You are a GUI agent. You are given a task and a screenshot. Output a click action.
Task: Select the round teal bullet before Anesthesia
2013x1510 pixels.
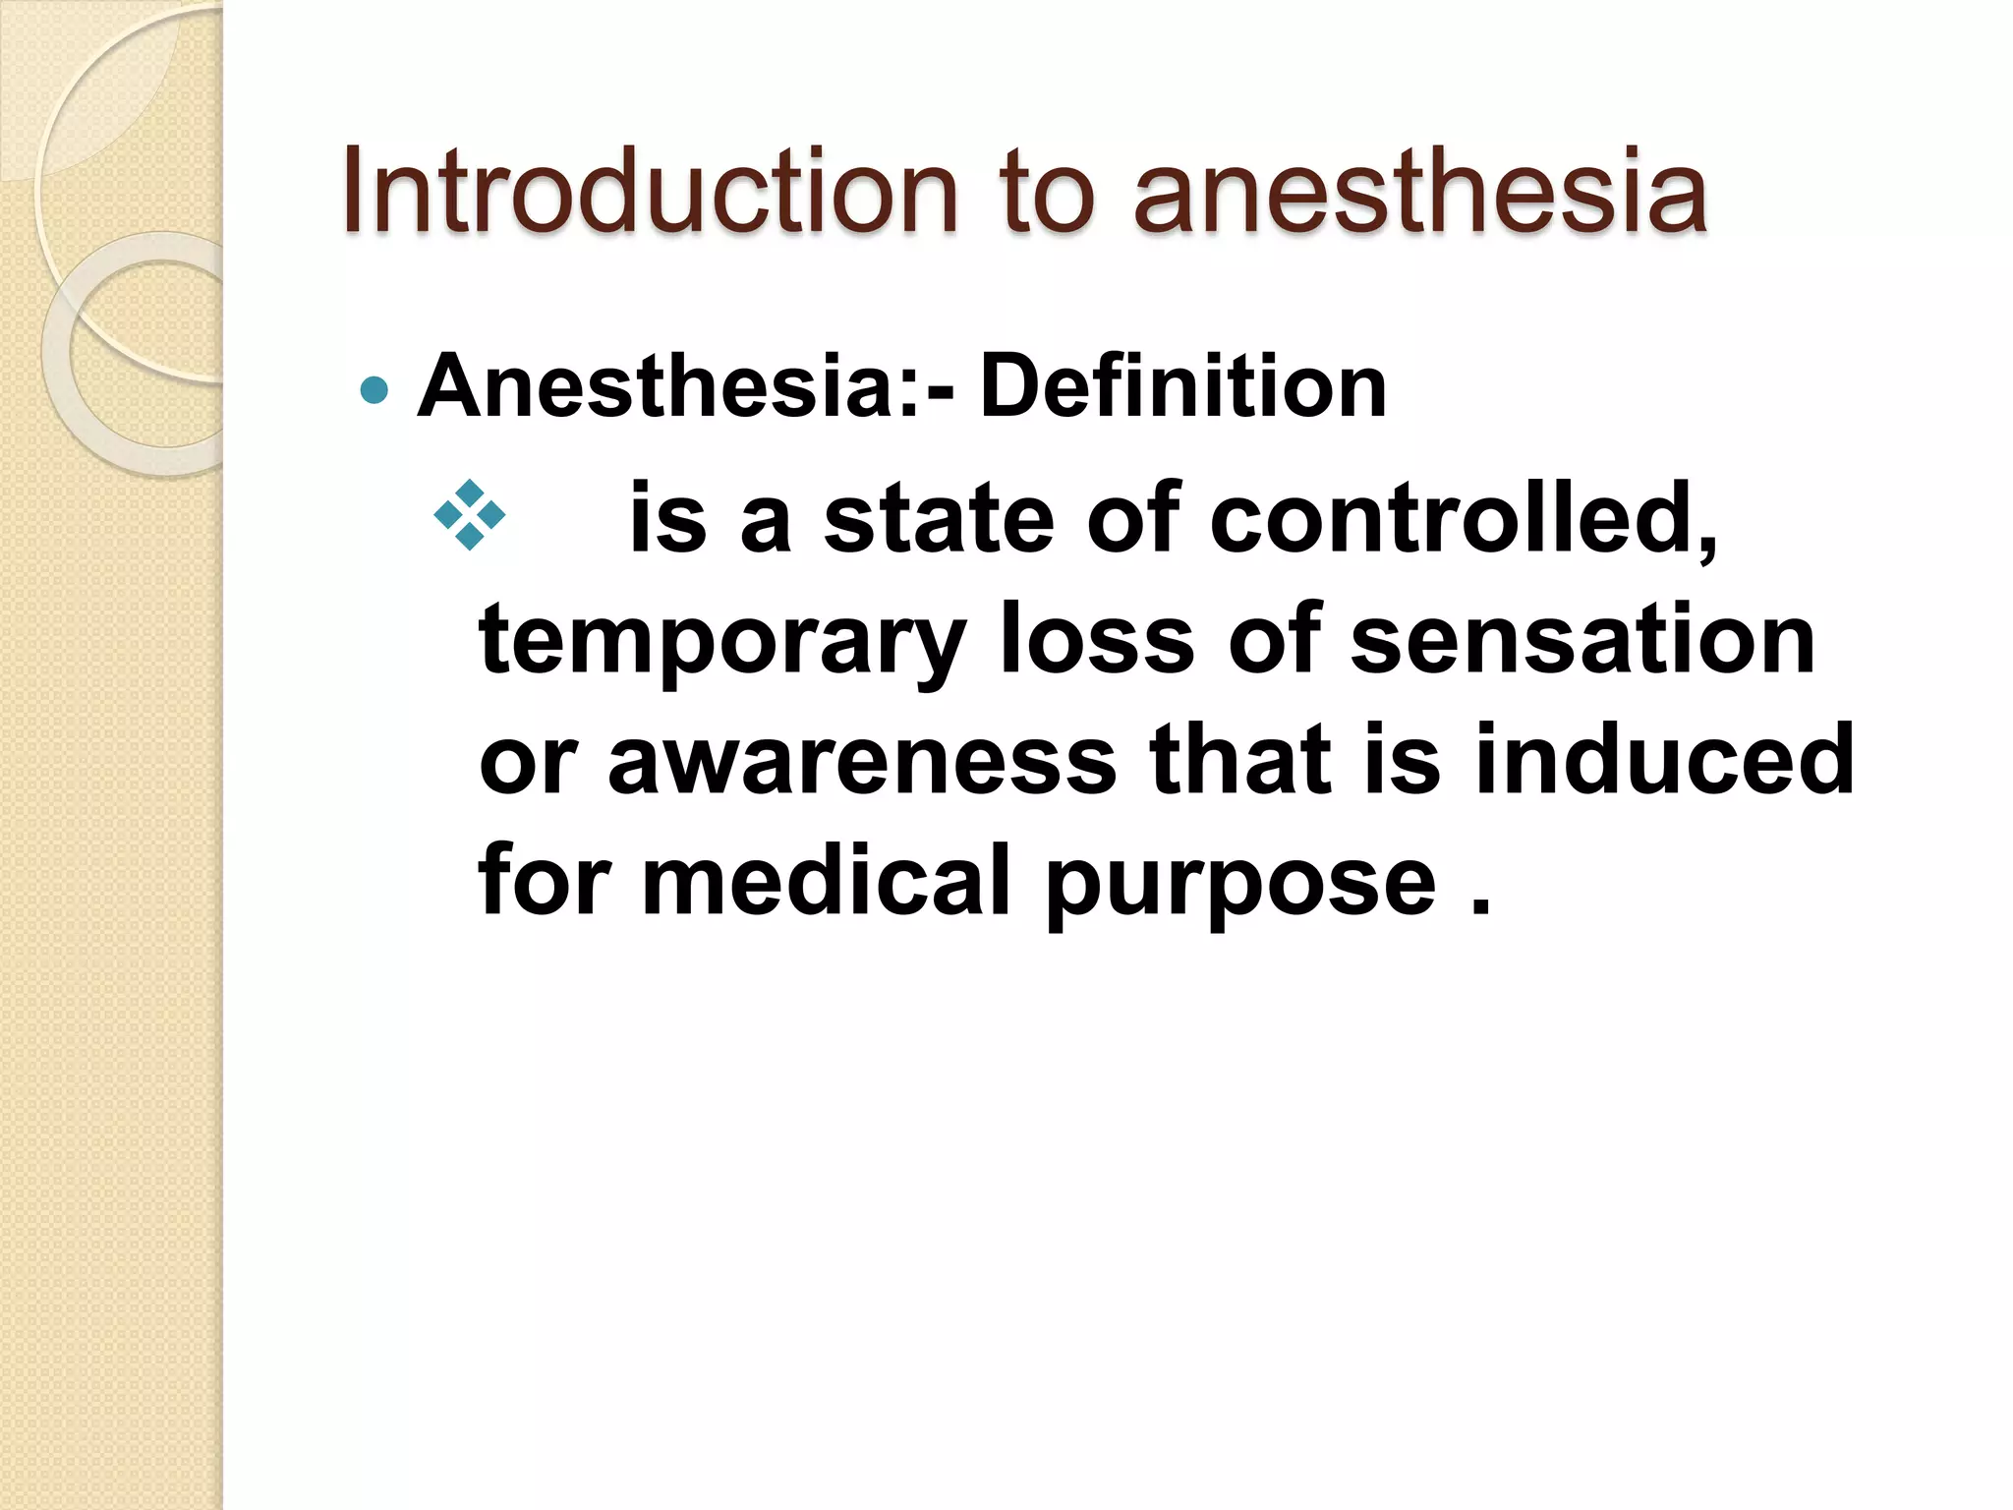374,390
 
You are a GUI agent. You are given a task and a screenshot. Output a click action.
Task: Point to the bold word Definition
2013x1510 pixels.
1182,386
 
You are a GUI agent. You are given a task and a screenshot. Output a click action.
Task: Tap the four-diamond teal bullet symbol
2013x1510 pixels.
470,515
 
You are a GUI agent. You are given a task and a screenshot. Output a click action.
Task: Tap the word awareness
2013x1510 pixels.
862,759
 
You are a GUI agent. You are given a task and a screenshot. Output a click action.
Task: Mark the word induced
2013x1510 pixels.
1664,759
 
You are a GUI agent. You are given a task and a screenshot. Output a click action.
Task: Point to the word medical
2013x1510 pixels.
827,879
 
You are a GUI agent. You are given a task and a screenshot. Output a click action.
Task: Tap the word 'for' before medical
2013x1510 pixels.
544,879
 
